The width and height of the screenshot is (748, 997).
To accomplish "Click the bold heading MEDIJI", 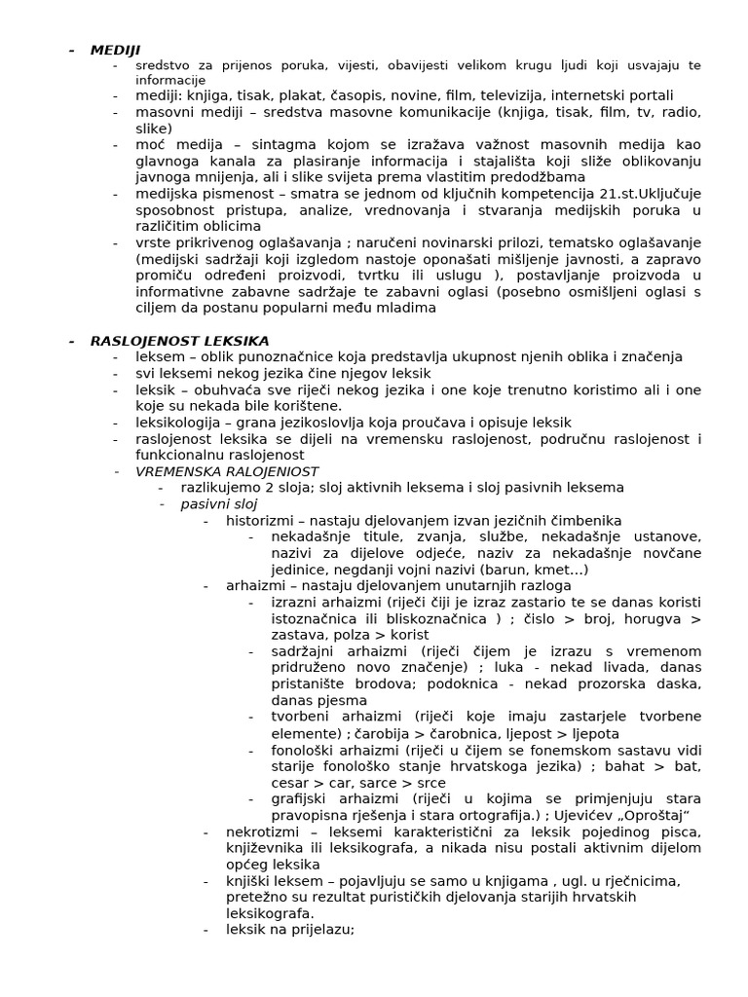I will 115,50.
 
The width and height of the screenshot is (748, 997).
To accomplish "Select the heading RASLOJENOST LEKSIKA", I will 179,341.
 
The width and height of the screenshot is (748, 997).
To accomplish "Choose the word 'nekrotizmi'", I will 262,831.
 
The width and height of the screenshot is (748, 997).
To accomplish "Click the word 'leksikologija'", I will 181,423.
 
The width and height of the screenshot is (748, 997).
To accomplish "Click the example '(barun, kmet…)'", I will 543,570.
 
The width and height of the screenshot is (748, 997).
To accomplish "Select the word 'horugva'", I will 650,619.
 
